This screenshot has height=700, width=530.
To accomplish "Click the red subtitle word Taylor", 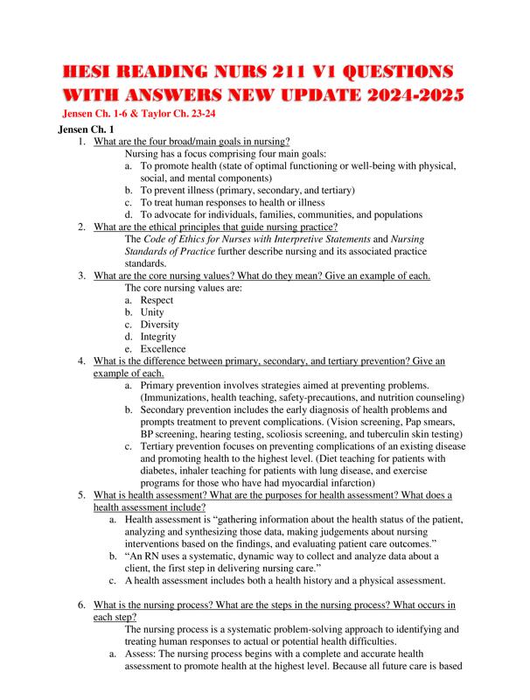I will click(180, 114).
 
